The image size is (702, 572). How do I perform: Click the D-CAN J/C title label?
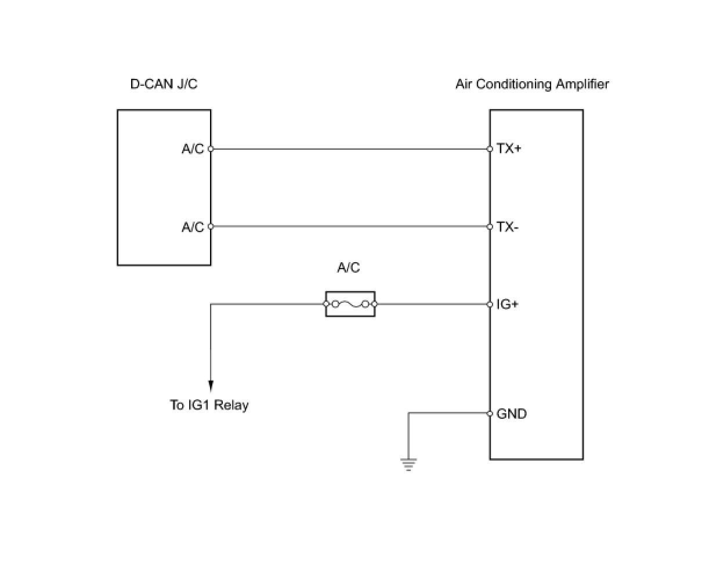164,84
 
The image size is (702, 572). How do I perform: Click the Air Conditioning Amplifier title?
532,84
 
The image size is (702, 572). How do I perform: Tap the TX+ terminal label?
509,149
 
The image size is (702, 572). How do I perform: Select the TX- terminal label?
507,227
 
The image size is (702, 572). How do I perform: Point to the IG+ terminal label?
507,304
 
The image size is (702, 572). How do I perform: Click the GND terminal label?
512,414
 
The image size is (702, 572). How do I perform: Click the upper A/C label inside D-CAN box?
193,149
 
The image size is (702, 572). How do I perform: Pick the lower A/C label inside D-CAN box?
193,227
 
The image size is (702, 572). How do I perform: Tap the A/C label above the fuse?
348,267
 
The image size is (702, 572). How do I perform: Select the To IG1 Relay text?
209,405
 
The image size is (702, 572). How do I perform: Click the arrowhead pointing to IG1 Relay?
211,386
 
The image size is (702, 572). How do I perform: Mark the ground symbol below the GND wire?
408,465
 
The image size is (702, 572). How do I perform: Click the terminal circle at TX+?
490,149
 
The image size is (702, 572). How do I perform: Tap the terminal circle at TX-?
490,227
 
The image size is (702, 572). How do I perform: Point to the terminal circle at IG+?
490,304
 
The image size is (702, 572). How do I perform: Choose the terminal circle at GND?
490,414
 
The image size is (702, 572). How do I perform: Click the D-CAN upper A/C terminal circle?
211,149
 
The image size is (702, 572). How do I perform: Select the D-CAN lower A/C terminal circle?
211,226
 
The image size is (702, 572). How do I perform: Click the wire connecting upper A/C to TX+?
350,149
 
